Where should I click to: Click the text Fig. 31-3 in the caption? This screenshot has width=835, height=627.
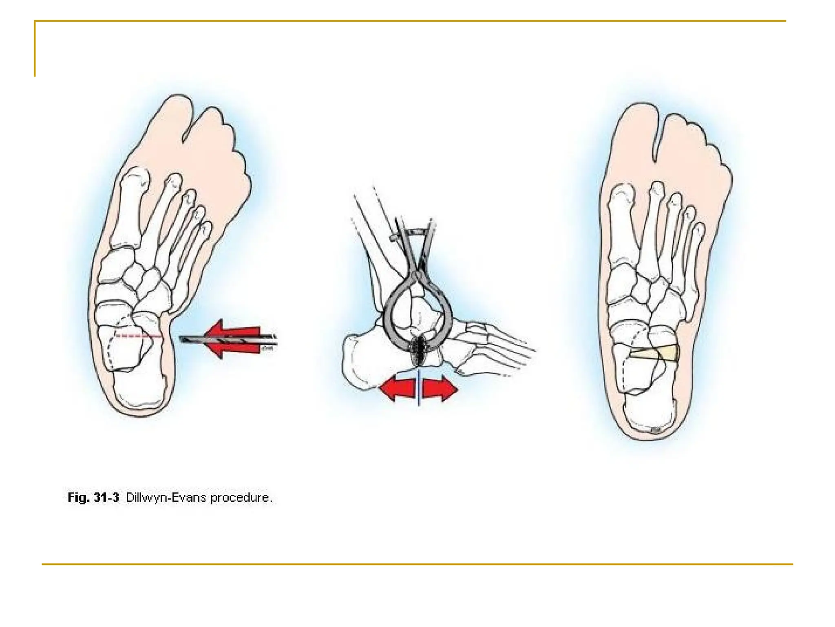pos(93,497)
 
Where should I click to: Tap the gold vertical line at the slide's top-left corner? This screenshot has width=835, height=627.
pos(35,49)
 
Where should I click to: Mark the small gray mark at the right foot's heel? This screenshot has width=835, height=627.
pos(655,430)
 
